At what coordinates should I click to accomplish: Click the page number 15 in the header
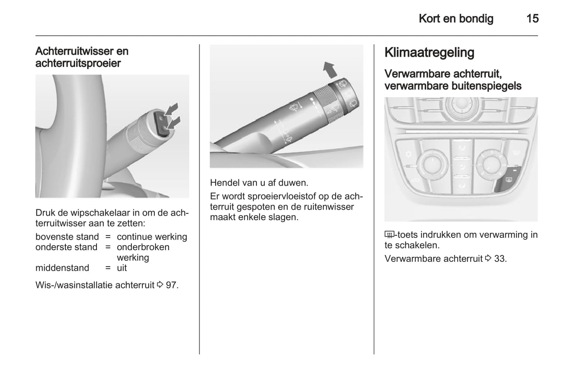coord(532,19)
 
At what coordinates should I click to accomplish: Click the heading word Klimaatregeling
coord(429,52)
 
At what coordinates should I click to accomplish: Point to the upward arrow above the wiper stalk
coord(330,70)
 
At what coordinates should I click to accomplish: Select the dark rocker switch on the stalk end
coord(161,124)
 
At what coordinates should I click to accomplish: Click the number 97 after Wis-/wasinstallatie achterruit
coord(172,285)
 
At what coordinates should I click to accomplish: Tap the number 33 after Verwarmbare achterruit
coord(500,258)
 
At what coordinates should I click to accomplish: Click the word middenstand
coord(62,268)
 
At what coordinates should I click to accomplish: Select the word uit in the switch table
coord(122,268)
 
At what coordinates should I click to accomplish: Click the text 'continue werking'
coord(152,237)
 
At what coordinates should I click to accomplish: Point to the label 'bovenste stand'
coord(67,237)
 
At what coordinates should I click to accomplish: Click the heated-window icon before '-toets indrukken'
coord(389,235)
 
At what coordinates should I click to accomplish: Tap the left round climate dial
coord(432,164)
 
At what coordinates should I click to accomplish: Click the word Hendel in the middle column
coord(224,183)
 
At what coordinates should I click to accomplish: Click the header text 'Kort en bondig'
coord(456,19)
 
